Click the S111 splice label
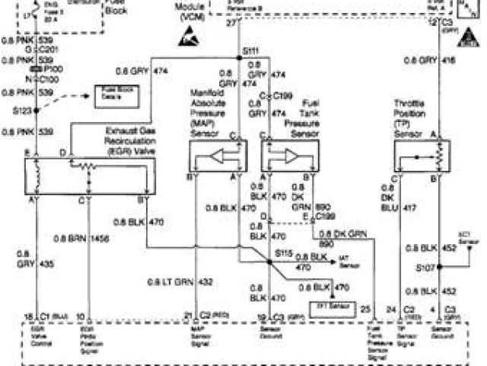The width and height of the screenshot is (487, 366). pos(250,51)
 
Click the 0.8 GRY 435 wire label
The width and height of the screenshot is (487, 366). pos(24,257)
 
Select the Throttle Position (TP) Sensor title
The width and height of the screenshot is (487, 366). pos(412,113)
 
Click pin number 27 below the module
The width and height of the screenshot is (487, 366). pos(230,24)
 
